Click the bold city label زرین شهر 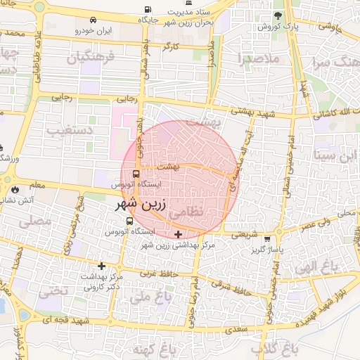[141, 207]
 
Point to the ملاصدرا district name [259, 59]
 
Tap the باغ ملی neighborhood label [143, 297]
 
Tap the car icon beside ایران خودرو [77, 31]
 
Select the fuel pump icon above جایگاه [147, 10]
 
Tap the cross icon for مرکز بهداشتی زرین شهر [179, 234]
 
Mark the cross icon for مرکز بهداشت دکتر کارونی [103, 266]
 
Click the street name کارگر [172, 46]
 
